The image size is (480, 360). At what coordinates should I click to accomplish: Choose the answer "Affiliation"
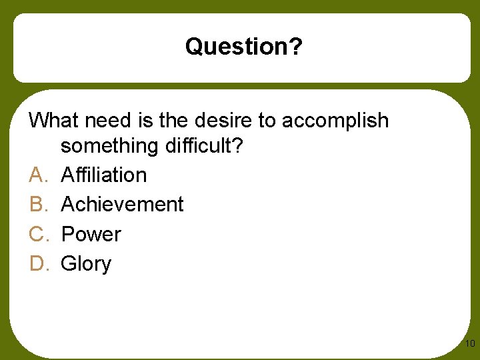103,175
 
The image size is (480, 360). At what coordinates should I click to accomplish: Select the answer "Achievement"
122,204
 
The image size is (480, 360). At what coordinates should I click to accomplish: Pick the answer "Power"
91,234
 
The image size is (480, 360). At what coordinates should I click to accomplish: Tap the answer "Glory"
86,264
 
